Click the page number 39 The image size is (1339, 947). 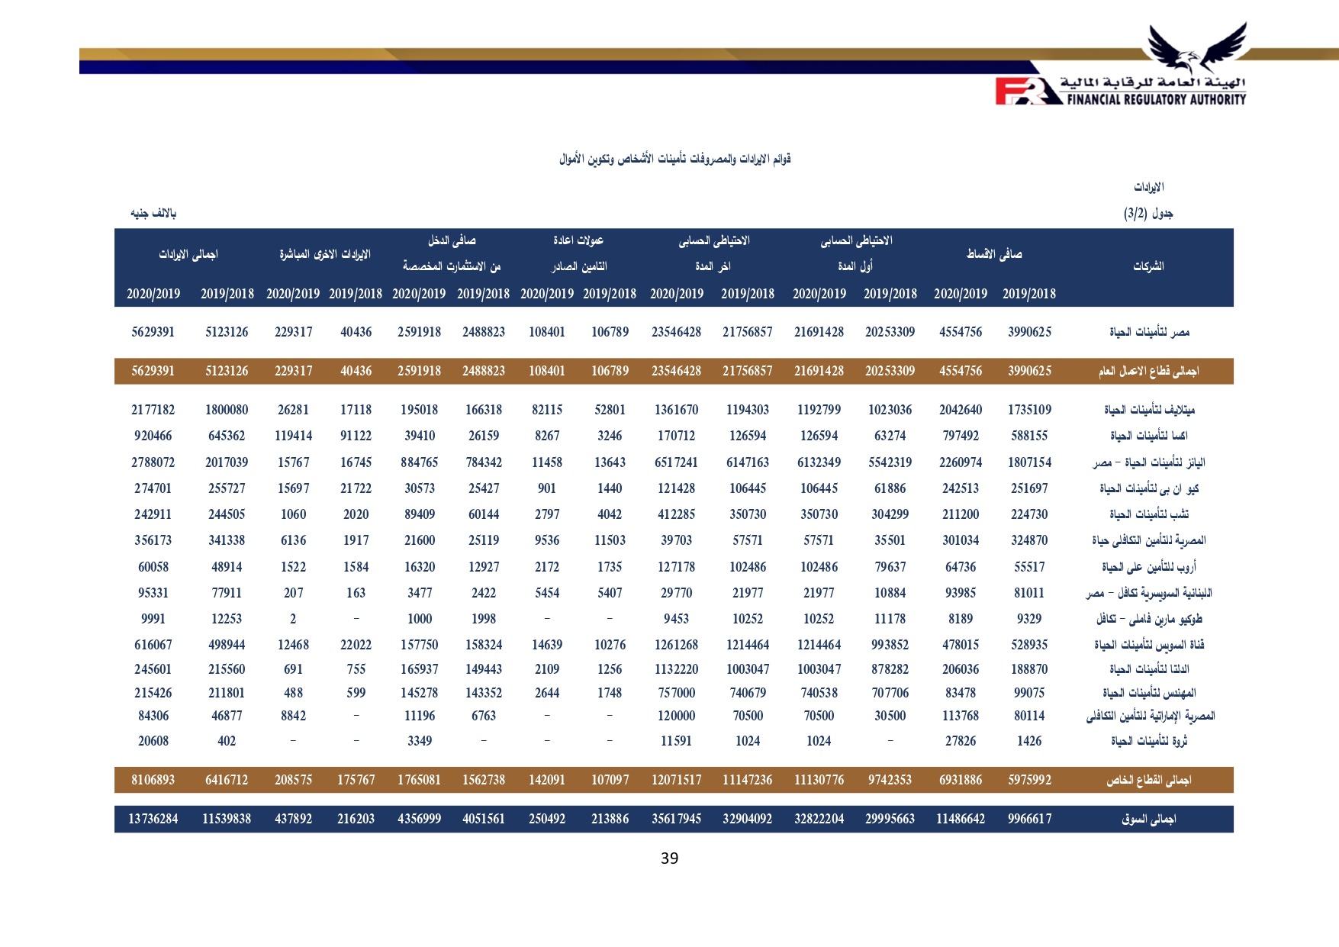pyautogui.click(x=669, y=858)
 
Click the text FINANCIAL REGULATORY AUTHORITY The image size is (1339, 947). pyautogui.click(x=1156, y=99)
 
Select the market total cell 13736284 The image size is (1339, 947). pyautogui.click(x=153, y=819)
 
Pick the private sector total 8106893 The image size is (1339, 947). pyautogui.click(x=153, y=780)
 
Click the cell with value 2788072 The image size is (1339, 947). pyautogui.click(x=153, y=462)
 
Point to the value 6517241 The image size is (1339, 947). pyautogui.click(x=676, y=462)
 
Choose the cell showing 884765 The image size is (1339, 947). pyautogui.click(x=419, y=462)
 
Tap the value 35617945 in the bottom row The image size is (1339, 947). pyautogui.click(x=676, y=819)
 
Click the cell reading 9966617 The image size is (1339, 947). pyautogui.click(x=1029, y=819)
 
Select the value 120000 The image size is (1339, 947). pyautogui.click(x=676, y=716)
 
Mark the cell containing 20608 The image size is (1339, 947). pyautogui.click(x=153, y=741)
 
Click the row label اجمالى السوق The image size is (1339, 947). pyautogui.click(x=1148, y=819)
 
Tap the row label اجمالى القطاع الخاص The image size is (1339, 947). pyautogui.click(x=1148, y=780)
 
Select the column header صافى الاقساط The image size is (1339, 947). pyautogui.click(x=994, y=254)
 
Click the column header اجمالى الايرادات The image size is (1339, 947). pyautogui.click(x=188, y=254)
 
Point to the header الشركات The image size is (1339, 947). pyautogui.click(x=1148, y=266)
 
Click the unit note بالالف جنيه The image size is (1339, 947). pyautogui.click(x=153, y=214)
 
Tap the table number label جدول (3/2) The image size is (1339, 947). pyautogui.click(x=1148, y=214)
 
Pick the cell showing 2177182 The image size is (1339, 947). pyautogui.click(x=153, y=410)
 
